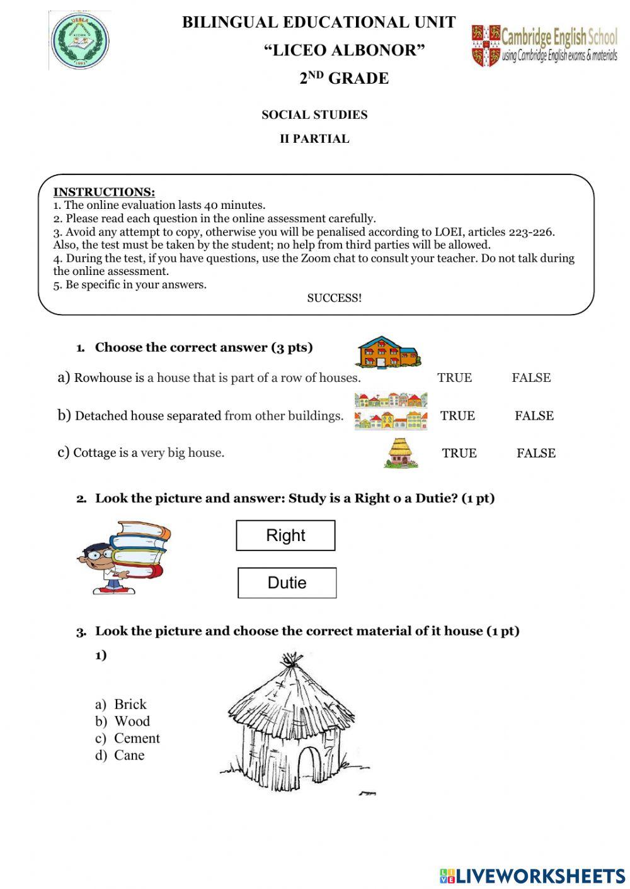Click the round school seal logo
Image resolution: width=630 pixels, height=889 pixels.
click(x=79, y=41)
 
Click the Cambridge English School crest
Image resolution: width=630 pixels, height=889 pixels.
click(x=486, y=46)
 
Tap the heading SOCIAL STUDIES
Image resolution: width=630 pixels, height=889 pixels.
click(x=314, y=115)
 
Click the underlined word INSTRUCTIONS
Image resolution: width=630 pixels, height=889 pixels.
click(x=104, y=192)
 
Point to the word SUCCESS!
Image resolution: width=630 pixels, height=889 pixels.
click(x=335, y=298)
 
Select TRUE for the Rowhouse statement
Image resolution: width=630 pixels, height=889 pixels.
click(x=454, y=377)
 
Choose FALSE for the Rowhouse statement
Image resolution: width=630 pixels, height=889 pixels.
click(x=531, y=377)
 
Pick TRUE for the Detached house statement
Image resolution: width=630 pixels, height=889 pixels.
click(x=457, y=415)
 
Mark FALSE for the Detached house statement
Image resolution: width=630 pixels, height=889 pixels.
click(x=534, y=415)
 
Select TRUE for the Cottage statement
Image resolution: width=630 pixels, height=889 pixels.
click(x=459, y=453)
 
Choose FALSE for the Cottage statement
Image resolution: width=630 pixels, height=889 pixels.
click(x=536, y=453)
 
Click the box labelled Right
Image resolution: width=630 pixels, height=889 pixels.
click(x=285, y=535)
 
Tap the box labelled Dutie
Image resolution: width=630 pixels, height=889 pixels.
click(x=287, y=583)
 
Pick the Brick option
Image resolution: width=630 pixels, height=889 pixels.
click(x=130, y=704)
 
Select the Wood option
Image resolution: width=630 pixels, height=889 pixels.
click(x=132, y=721)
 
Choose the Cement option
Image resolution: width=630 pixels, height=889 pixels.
click(x=137, y=738)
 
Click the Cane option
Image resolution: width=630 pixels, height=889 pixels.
click(x=129, y=755)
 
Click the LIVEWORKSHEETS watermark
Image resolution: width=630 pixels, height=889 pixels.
click(x=532, y=876)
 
